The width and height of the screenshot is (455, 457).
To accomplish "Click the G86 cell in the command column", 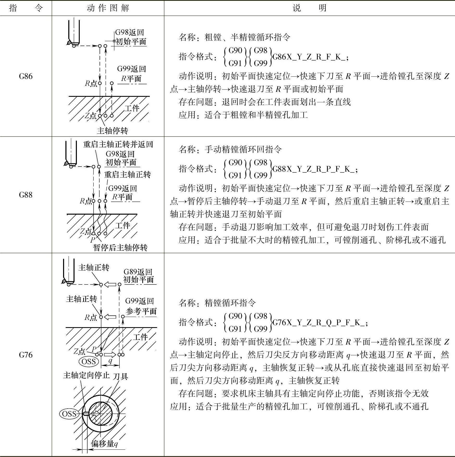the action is [26, 77].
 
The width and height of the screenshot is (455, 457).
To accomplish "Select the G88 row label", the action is [26, 195].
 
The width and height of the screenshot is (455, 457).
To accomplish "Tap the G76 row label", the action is [26, 355].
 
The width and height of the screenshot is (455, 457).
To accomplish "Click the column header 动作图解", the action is [108, 8].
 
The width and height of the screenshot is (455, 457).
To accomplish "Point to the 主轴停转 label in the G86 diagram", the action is [112, 131].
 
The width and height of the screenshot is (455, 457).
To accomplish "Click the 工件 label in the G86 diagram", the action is [132, 108].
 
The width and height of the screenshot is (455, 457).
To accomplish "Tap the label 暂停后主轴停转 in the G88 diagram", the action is [120, 247].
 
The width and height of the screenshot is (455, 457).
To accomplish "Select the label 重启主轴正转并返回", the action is [118, 144].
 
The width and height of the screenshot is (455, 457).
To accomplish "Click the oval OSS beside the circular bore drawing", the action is [69, 414].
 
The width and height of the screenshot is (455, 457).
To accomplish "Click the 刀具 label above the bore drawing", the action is [120, 376].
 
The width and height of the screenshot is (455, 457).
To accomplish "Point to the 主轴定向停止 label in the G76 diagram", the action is [86, 375].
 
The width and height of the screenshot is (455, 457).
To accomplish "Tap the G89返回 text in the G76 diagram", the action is [138, 272].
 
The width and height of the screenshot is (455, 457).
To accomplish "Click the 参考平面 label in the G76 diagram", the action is [141, 311].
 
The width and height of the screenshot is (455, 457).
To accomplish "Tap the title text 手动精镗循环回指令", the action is [243, 149].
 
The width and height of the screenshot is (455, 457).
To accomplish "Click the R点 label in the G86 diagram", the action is [91, 84].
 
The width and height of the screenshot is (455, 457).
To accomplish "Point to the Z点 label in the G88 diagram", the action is [86, 231].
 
